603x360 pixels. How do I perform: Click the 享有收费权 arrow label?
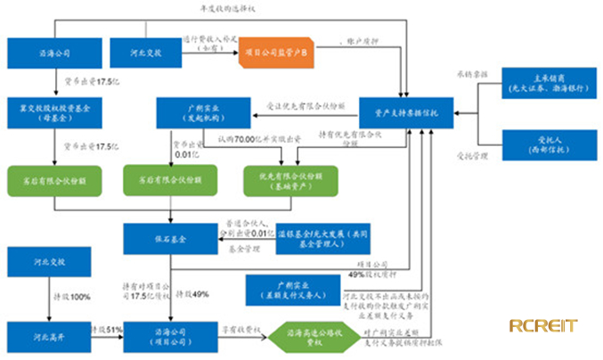243,330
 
